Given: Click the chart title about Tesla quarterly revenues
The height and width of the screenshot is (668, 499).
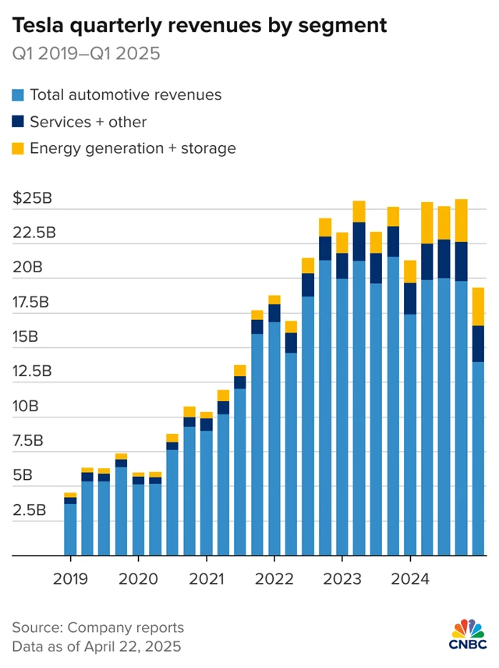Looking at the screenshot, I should click(200, 25).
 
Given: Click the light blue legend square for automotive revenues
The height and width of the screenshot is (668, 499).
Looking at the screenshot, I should click(18, 95).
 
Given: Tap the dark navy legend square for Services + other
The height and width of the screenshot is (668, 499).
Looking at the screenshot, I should click(18, 122).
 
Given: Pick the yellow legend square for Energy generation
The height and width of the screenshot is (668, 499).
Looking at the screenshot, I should click(18, 148).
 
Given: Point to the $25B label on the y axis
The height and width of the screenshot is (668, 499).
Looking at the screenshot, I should click(33, 198).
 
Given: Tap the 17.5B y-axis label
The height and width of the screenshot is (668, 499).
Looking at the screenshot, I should click(33, 302).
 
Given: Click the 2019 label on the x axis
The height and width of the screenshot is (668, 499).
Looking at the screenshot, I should click(70, 579).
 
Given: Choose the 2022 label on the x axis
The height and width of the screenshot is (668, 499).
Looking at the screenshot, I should click(274, 579).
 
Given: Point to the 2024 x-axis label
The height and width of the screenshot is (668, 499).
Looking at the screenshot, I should click(410, 579).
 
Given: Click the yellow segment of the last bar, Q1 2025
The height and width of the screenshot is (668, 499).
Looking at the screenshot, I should click(478, 307).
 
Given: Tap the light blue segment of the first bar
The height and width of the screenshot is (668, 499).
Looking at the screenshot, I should click(70, 530).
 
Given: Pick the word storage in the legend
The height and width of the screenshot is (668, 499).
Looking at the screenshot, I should click(210, 148).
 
